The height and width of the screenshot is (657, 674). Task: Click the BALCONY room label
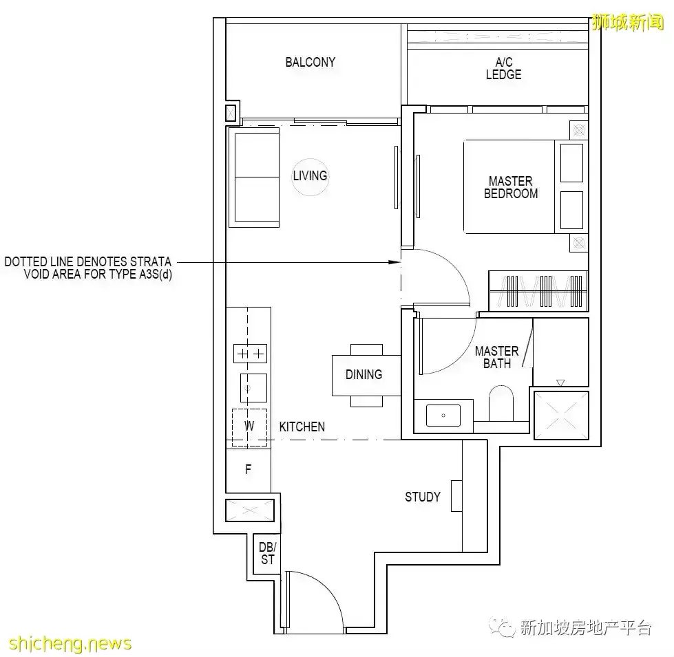tap(310, 62)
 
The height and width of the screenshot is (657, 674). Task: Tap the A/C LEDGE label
tap(503, 69)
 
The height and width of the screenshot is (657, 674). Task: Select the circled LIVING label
tap(310, 175)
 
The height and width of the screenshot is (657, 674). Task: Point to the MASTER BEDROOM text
tap(510, 187)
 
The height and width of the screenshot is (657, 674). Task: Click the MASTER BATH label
tap(496, 357)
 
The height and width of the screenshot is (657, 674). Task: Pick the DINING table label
tap(364, 374)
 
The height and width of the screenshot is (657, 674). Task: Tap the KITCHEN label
tap(302, 427)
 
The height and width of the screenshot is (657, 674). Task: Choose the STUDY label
tap(422, 496)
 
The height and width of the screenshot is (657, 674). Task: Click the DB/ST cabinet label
tap(267, 553)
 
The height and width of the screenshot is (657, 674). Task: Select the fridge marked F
tap(248, 470)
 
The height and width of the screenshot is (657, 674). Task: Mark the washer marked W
tap(249, 427)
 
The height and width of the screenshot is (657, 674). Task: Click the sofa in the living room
tap(256, 178)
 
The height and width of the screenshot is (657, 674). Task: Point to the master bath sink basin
tap(443, 416)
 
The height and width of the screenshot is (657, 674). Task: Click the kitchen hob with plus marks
tap(249, 354)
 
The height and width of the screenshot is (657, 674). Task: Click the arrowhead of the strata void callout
tap(395, 262)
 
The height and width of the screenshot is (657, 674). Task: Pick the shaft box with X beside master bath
tap(561, 415)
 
